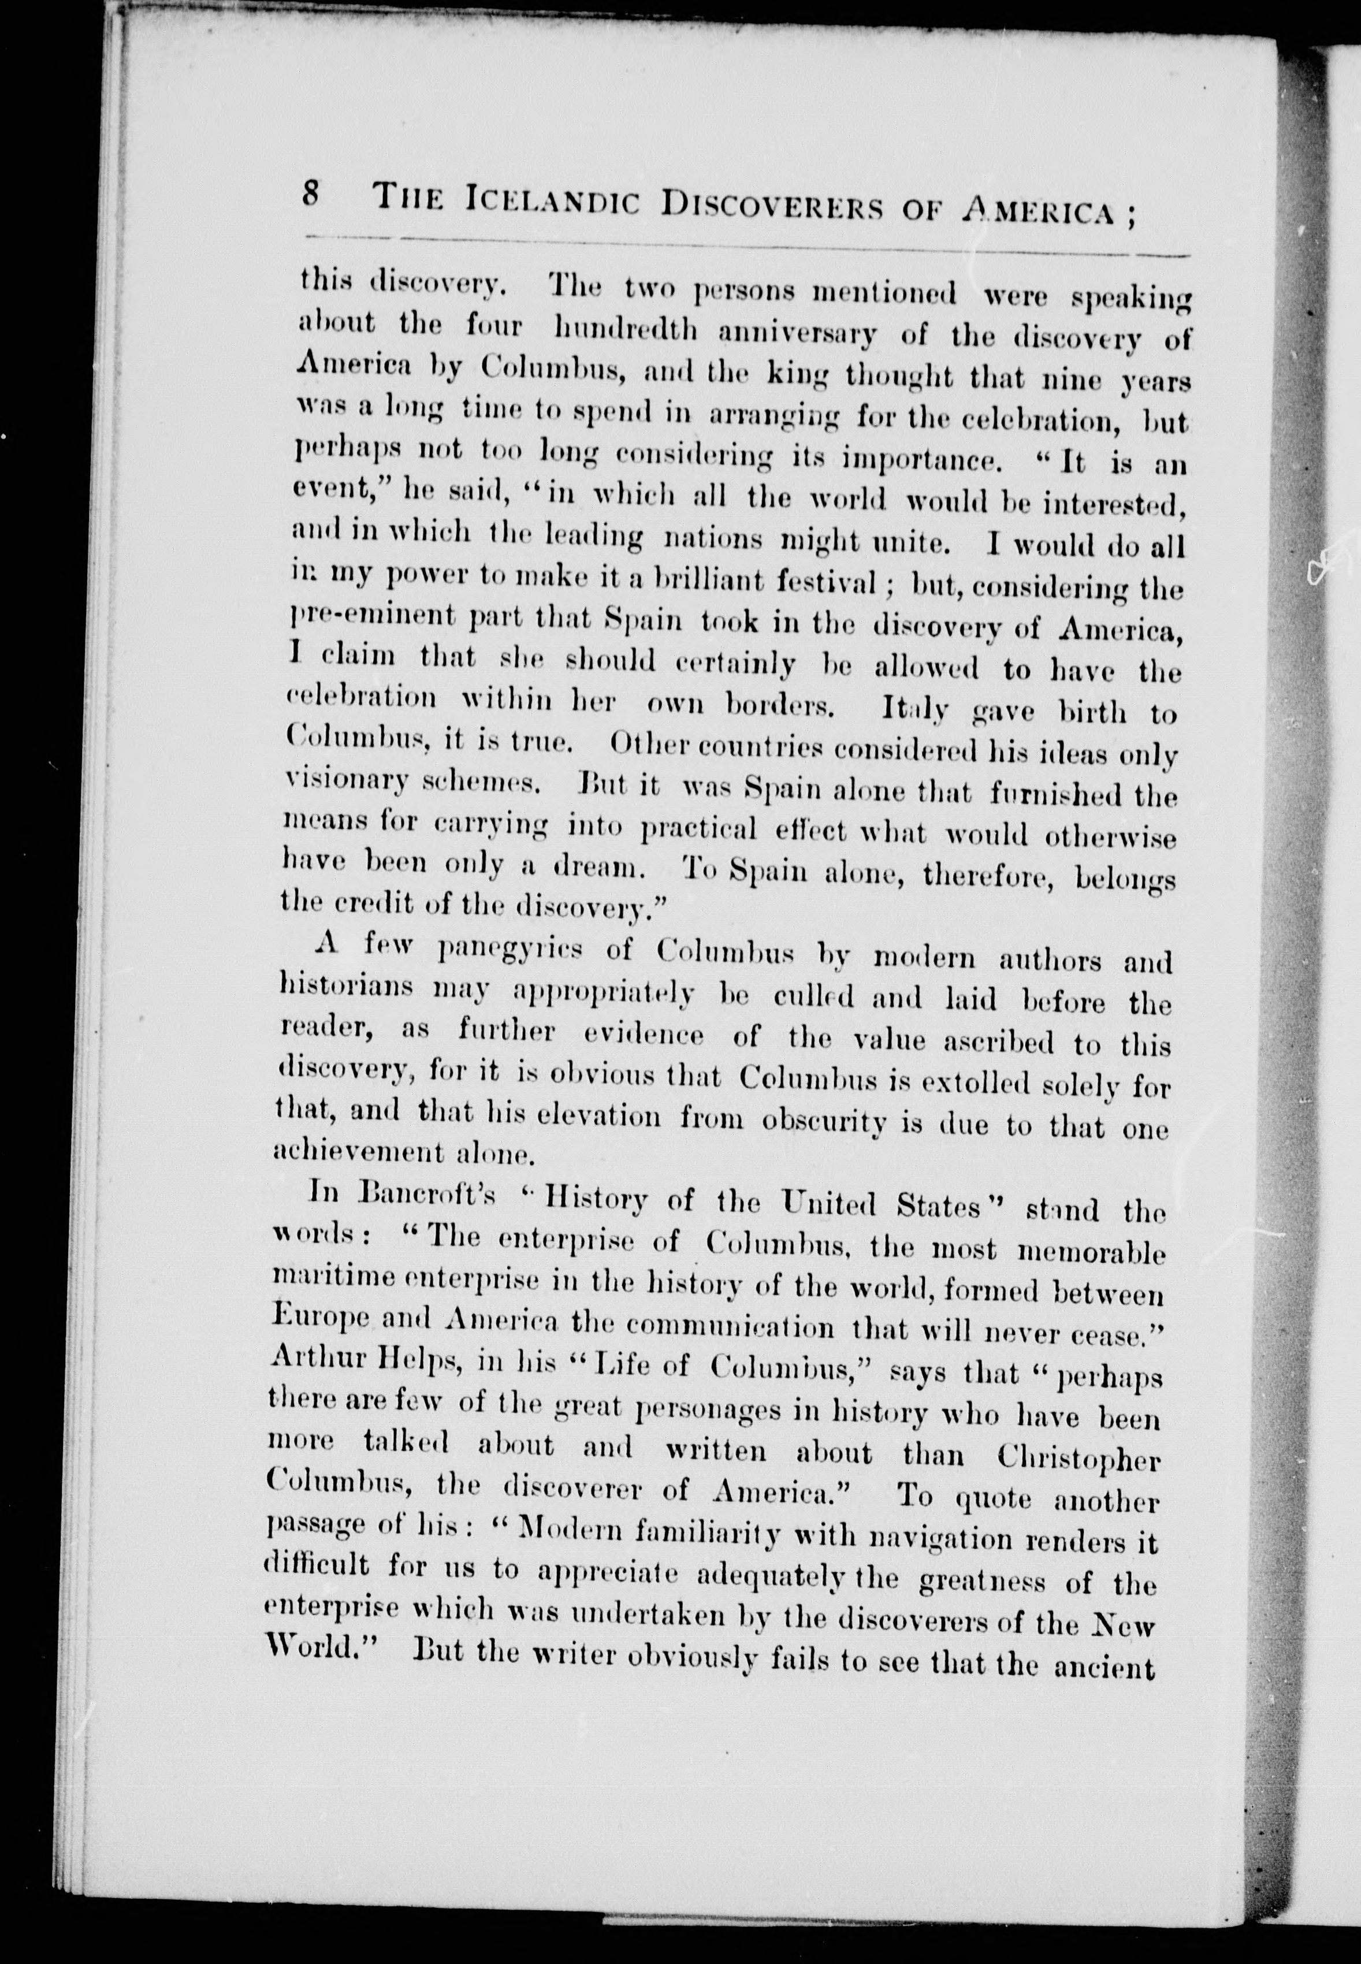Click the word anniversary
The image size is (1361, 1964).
click(797, 333)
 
